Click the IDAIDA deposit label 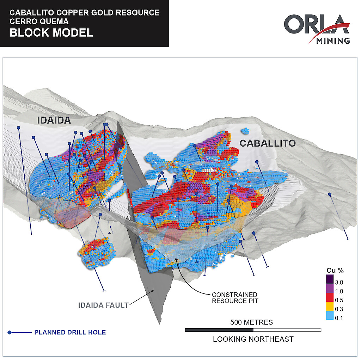pyautogui.click(x=54, y=120)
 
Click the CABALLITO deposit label pyautogui.click(x=268, y=143)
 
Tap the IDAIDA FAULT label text pyautogui.click(x=103, y=305)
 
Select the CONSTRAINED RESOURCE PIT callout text pyautogui.click(x=235, y=298)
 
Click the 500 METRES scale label pyautogui.click(x=251, y=322)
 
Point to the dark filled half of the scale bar pyautogui.click(x=219, y=330)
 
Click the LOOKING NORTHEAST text pyautogui.click(x=253, y=339)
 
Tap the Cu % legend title pyautogui.click(x=335, y=271)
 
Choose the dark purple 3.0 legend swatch pyautogui.click(x=330, y=279)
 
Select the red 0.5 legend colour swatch pyautogui.click(x=330, y=297)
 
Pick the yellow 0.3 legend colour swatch pyautogui.click(x=330, y=306)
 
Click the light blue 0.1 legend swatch pyautogui.click(x=330, y=315)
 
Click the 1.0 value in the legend pyautogui.click(x=339, y=291)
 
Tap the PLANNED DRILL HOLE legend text pyautogui.click(x=70, y=332)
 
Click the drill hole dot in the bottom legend pyautogui.click(x=10, y=333)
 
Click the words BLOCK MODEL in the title pyautogui.click(x=51, y=32)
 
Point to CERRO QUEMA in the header pyautogui.click(x=39, y=21)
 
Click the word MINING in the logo pyautogui.click(x=333, y=41)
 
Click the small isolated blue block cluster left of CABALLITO pyautogui.click(x=245, y=131)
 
